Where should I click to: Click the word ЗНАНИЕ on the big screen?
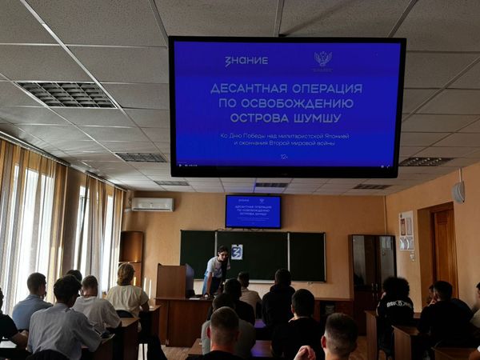[246, 61]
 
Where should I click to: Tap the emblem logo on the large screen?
[322, 59]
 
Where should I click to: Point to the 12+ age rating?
[285, 157]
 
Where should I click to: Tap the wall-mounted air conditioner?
[152, 204]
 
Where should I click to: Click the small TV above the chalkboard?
[253, 211]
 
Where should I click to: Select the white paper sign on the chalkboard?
[237, 251]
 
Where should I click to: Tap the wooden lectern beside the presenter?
[172, 282]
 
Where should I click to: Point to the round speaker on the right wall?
[458, 192]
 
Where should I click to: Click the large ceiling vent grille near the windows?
[66, 94]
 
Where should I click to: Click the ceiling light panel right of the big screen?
[426, 162]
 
